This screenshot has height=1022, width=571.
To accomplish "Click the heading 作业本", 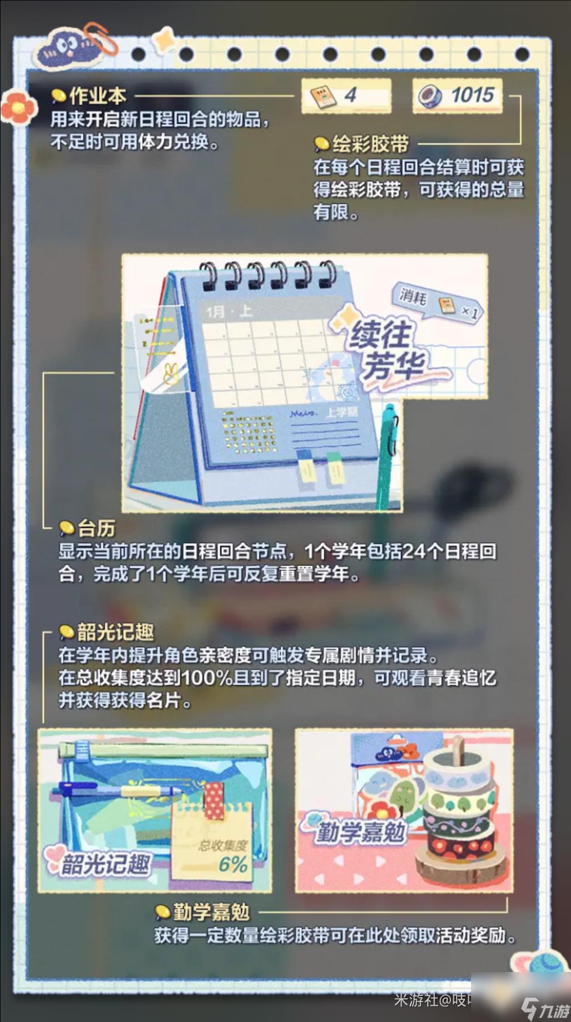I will [98, 96].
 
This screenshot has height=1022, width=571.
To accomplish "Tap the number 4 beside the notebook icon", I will [350, 95].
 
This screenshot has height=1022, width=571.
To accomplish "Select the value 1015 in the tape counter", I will [472, 95].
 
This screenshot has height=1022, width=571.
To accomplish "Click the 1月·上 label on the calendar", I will [228, 311].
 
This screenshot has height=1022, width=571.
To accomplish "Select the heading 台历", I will [97, 527].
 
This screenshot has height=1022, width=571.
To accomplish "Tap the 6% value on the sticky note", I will [233, 864].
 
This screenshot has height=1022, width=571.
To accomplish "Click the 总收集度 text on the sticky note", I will [223, 845].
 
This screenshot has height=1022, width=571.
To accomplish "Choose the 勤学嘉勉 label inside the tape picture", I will [360, 832].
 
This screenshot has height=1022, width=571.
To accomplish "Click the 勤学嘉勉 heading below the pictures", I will [211, 912].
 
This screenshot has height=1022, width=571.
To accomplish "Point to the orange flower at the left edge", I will [18, 108].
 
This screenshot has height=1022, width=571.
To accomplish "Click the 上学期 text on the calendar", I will [341, 412].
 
